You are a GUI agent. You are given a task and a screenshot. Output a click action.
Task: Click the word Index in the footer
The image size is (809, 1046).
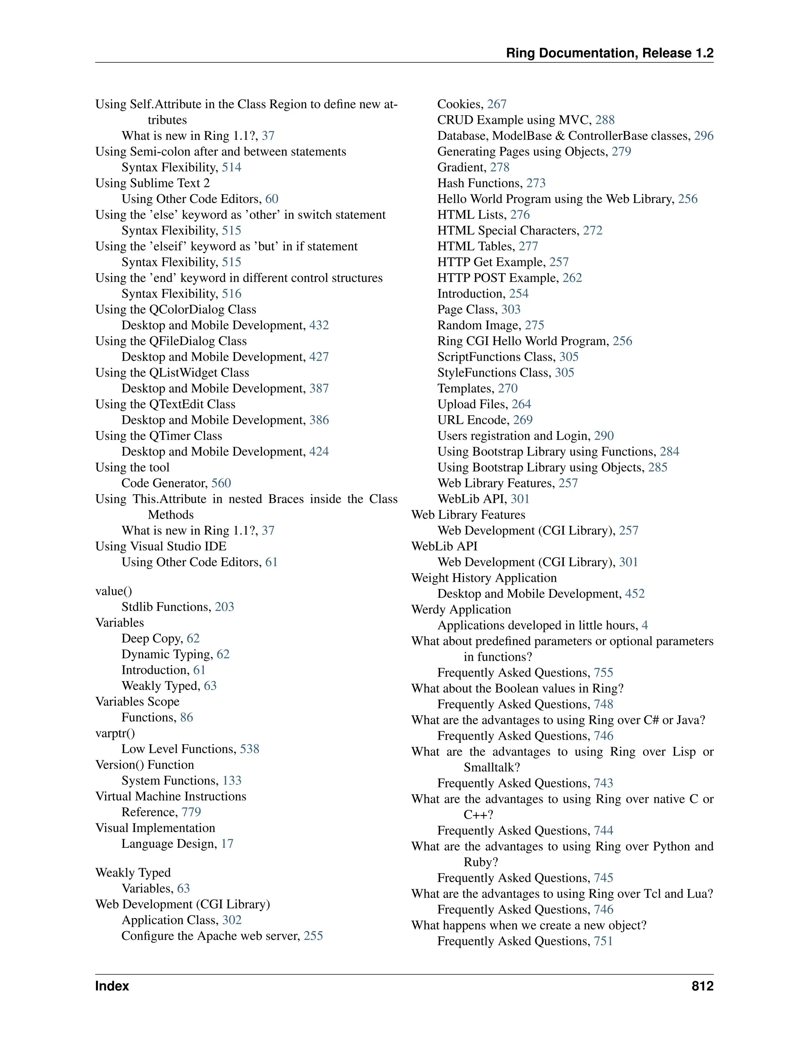coord(112,986)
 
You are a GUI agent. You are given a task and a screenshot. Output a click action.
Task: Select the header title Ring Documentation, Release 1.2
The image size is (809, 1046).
coord(610,53)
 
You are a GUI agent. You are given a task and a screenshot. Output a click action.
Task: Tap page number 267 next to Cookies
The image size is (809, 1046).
coord(497,105)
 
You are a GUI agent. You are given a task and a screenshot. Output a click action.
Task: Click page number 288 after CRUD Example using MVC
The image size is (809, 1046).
coord(605,120)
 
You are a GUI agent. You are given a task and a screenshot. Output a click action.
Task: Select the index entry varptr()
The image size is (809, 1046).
coord(115,733)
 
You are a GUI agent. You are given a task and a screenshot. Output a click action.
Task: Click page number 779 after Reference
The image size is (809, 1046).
coord(191,812)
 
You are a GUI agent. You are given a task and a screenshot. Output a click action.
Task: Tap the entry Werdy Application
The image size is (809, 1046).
coord(461,610)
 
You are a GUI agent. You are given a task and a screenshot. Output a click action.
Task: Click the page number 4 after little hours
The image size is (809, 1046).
coord(645,626)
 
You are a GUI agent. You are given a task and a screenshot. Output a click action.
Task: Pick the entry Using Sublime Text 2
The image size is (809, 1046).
coord(152,184)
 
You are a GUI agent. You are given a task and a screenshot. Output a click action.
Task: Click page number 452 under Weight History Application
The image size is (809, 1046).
coord(635,594)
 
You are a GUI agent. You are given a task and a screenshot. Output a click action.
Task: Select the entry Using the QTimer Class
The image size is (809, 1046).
coord(159,436)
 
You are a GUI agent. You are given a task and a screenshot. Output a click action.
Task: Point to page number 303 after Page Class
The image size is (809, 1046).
coord(511,310)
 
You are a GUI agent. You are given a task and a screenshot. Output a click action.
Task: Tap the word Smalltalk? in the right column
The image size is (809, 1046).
coord(492,767)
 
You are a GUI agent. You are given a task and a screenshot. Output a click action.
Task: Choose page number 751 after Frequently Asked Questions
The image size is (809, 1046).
coord(604,941)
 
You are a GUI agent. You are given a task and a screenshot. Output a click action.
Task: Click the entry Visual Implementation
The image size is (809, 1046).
coord(155,828)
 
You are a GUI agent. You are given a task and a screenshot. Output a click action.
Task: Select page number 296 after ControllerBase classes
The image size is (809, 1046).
coord(704,136)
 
